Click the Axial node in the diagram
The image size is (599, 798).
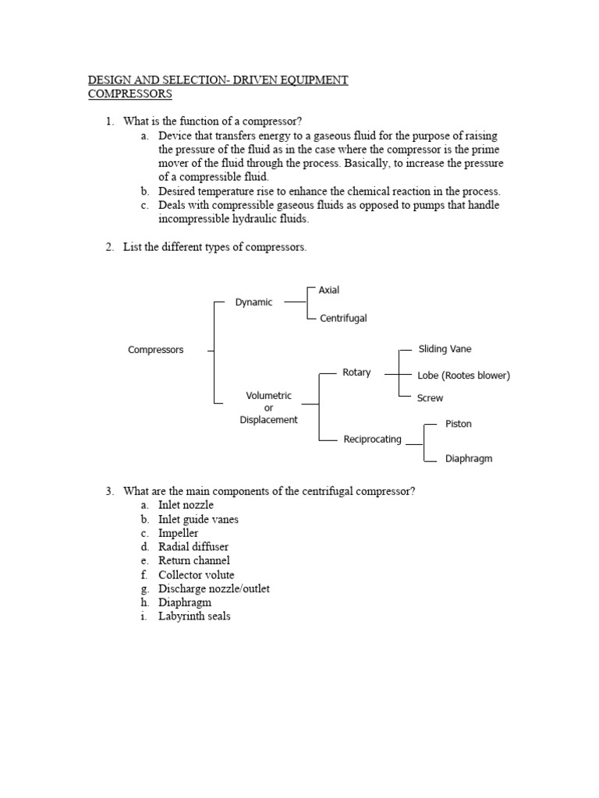click(328, 290)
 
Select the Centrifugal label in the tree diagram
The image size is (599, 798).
click(342, 318)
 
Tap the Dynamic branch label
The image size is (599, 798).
click(253, 302)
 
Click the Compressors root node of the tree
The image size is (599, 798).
click(155, 350)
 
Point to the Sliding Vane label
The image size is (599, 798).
click(445, 349)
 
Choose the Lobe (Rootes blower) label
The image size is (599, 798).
click(463, 376)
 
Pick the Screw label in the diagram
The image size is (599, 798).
click(430, 398)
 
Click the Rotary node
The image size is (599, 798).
click(356, 373)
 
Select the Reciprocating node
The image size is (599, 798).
click(372, 440)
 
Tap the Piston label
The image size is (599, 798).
click(458, 424)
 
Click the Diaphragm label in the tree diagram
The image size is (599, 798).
click(469, 459)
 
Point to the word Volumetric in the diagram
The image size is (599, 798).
click(268, 396)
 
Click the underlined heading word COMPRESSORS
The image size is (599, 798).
click(130, 94)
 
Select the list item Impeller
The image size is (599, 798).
click(178, 533)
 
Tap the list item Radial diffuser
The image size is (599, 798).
click(193, 547)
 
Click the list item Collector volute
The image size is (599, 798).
click(196, 574)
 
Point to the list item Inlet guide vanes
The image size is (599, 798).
click(198, 519)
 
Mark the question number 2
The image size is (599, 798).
click(110, 247)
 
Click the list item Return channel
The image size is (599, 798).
click(194, 560)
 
